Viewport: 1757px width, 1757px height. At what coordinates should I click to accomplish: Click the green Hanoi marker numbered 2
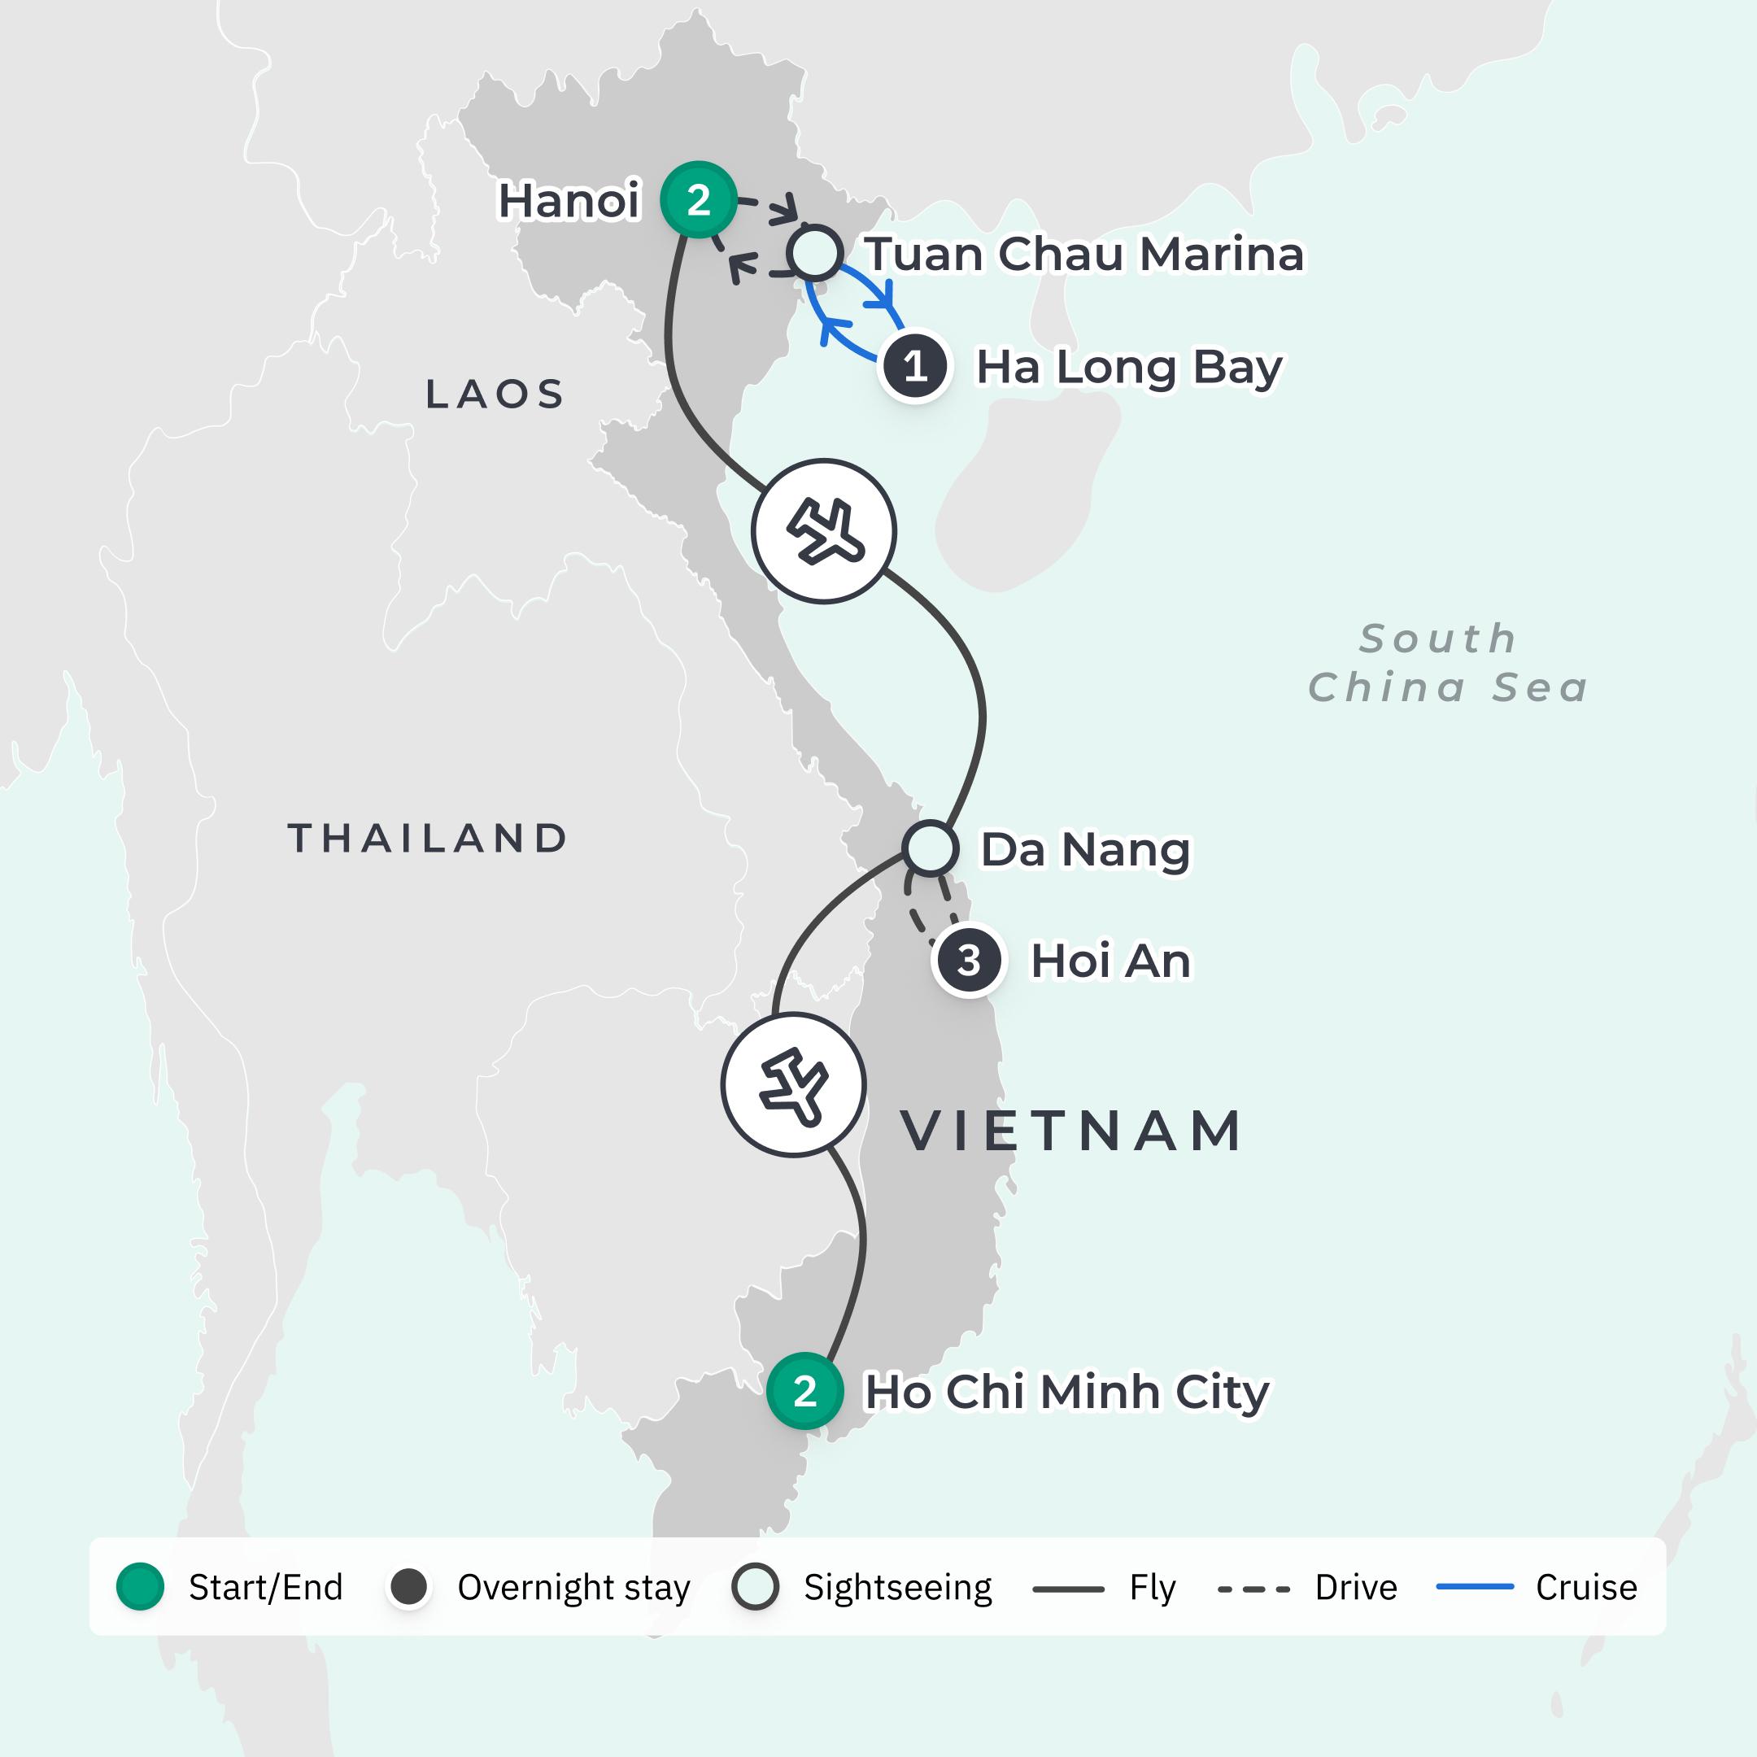click(x=698, y=200)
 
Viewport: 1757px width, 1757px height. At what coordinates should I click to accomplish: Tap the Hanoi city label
click(x=569, y=201)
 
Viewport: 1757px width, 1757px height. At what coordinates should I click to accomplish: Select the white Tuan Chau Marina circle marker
click(x=815, y=253)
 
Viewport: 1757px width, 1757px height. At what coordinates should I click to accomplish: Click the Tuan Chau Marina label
click(x=1084, y=254)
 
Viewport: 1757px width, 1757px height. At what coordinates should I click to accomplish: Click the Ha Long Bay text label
click(x=1128, y=368)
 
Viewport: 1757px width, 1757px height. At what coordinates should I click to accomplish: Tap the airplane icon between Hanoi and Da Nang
click(x=824, y=531)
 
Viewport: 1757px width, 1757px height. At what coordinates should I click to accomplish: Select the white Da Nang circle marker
click(x=930, y=848)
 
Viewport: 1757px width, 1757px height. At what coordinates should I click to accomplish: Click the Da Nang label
click(x=1085, y=849)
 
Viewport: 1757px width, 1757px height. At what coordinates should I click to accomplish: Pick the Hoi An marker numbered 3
click(x=969, y=961)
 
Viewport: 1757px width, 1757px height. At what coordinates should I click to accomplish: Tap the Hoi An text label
click(x=1110, y=961)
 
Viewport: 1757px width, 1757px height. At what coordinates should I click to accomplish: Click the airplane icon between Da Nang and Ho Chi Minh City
click(x=794, y=1085)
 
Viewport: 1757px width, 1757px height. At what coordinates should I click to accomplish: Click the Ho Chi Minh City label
click(x=1066, y=1393)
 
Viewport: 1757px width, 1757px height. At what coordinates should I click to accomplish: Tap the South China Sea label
click(x=1448, y=663)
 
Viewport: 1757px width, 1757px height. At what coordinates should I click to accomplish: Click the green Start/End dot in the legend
click(x=140, y=1587)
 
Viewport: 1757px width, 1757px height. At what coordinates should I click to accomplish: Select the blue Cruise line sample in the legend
click(x=1474, y=1587)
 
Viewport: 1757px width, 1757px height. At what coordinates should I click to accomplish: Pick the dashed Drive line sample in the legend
click(x=1253, y=1589)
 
